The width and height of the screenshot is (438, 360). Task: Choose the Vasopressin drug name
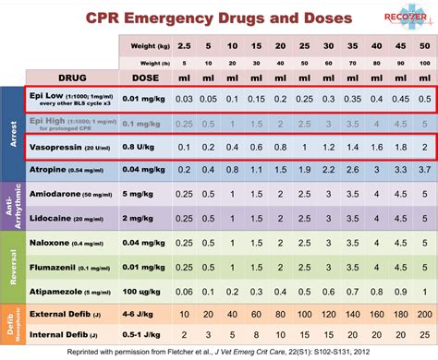55,146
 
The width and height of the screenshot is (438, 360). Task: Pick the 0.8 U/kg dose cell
143,146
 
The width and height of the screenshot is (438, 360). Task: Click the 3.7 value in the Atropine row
423,169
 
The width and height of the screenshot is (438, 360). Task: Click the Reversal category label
12,265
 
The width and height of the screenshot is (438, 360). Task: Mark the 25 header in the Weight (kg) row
302,45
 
